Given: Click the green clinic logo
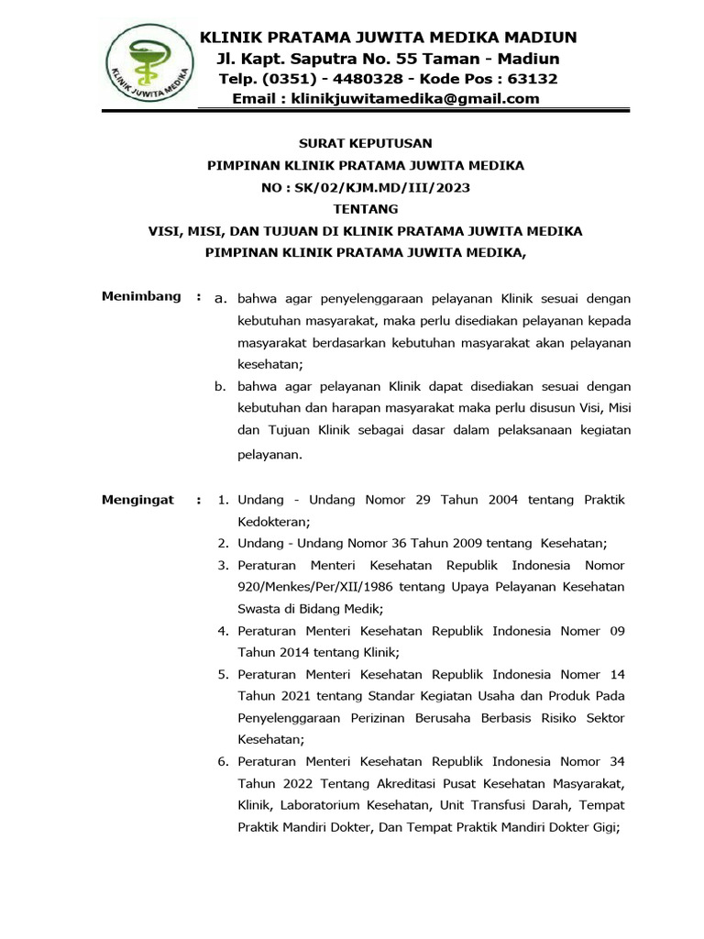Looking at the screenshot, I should (x=146, y=68).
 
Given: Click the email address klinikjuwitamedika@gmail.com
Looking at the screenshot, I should (x=415, y=99).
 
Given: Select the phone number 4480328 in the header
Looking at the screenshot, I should (x=362, y=79).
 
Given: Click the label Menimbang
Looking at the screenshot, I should (x=140, y=297).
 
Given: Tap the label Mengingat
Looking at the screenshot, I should (x=137, y=500).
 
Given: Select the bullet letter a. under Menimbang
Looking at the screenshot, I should (x=220, y=299).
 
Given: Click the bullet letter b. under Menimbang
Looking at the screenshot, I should (x=220, y=386).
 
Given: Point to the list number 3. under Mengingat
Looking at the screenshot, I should (x=223, y=566).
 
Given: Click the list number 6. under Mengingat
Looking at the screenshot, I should (x=223, y=762).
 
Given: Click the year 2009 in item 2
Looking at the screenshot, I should (x=416, y=543).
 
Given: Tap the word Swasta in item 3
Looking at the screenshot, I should (x=260, y=608).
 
